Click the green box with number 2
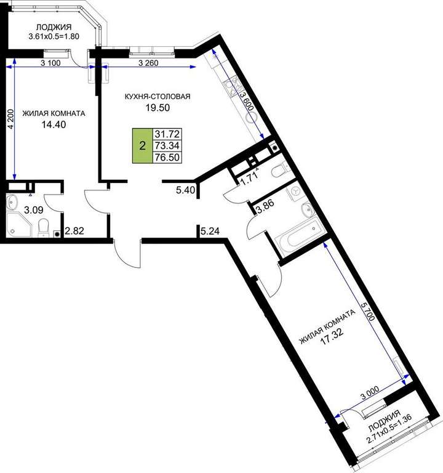pyautogui.click(x=143, y=146)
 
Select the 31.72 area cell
pyautogui.click(x=167, y=134)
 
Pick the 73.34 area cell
pyautogui.click(x=167, y=146)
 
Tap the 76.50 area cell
pyautogui.click(x=167, y=157)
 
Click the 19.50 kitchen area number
pyautogui.click(x=158, y=107)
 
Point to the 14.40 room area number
pyautogui.click(x=54, y=124)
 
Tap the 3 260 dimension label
pyautogui.click(x=148, y=63)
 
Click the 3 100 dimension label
pyautogui.click(x=50, y=63)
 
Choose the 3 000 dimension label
pyautogui.click(x=370, y=394)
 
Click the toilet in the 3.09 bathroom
pyautogui.click(x=43, y=227)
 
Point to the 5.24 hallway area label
pyautogui.click(x=210, y=232)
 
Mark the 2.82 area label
pyautogui.click(x=74, y=231)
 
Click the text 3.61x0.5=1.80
pyautogui.click(x=54, y=36)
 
